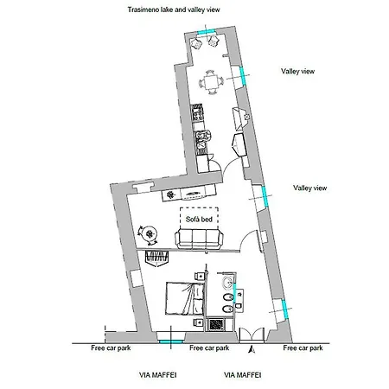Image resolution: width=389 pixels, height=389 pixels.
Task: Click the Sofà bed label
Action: [x=199, y=220]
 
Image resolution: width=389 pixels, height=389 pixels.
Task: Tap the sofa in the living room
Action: [x=200, y=239]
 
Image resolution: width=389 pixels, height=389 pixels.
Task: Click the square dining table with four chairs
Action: [x=213, y=83]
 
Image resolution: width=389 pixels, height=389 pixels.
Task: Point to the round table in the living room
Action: [x=151, y=233]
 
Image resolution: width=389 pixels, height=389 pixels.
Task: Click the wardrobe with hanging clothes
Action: [x=160, y=258]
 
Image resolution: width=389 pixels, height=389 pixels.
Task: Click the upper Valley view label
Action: [x=303, y=73]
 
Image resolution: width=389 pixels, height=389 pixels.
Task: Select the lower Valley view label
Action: [x=309, y=188]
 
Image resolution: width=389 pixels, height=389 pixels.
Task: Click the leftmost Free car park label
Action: [x=111, y=348]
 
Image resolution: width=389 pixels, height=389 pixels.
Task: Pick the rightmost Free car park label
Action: [x=303, y=348]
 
